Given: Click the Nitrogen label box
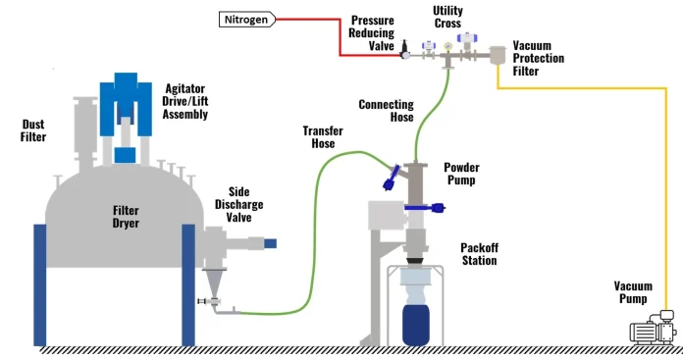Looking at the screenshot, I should [x=245, y=19].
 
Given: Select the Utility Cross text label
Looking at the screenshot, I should [x=447, y=17].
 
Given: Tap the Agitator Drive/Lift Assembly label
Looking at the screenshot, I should [x=184, y=100].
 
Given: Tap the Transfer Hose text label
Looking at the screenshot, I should [x=319, y=136].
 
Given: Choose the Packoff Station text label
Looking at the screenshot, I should [x=479, y=254].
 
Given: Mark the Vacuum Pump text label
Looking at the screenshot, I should [x=632, y=291].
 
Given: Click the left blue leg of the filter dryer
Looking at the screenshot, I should [x=40, y=284].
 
